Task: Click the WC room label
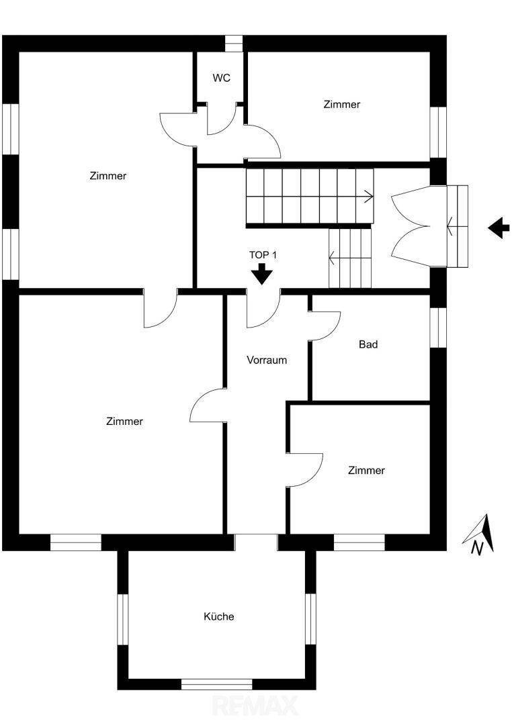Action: [221, 78]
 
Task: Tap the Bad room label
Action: [368, 344]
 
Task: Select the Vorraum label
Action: [267, 360]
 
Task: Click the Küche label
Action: [219, 616]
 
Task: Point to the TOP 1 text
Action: [263, 255]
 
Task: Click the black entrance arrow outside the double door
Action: [499, 228]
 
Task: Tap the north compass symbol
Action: [479, 535]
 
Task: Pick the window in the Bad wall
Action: [438, 328]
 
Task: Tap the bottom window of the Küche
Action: [216, 684]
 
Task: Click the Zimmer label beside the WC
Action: [341, 105]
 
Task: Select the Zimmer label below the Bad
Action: [366, 471]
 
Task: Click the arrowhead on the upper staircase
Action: [370, 197]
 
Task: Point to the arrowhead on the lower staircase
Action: [332, 258]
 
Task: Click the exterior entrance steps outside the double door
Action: [458, 226]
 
